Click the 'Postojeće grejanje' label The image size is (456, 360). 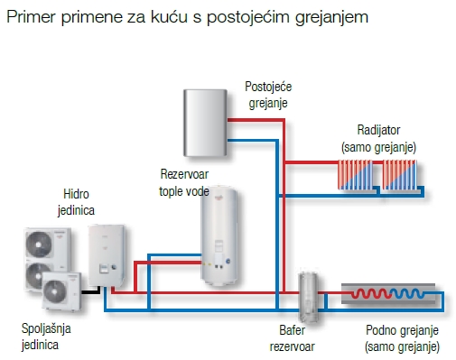268,95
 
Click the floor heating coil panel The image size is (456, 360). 390,296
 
